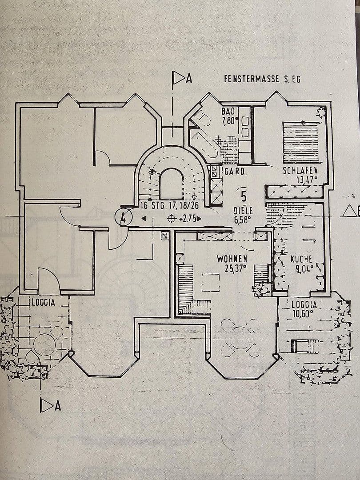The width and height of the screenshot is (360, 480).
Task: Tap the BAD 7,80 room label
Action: [229, 116]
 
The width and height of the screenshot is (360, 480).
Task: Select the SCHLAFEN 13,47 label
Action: [301, 175]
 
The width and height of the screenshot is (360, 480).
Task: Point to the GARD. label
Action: [235, 171]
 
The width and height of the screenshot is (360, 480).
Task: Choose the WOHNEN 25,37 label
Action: [232, 262]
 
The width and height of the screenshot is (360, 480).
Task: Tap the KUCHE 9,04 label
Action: [302, 263]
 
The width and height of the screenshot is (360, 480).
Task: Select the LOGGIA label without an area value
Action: [43, 302]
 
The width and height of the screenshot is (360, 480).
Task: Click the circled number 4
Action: [123, 218]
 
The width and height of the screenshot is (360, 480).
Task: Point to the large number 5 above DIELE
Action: [244, 196]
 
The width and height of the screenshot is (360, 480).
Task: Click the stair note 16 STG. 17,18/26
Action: [169, 205]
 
